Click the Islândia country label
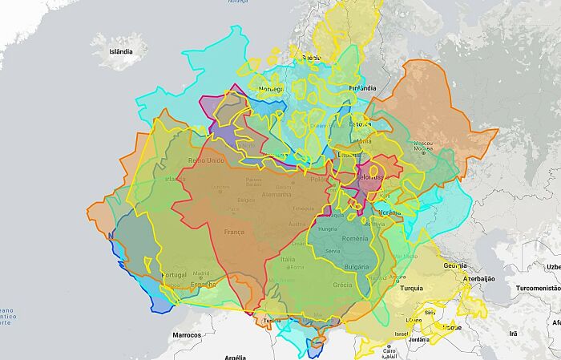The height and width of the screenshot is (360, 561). pyautogui.click(x=115, y=51)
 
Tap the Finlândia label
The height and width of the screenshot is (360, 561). pyautogui.click(x=362, y=88)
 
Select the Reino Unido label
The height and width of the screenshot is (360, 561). pyautogui.click(x=206, y=160)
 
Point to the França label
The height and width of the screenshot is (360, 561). pyautogui.click(x=234, y=231)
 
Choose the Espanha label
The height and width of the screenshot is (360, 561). pyautogui.click(x=203, y=284)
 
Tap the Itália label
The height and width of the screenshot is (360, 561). pyautogui.click(x=287, y=259)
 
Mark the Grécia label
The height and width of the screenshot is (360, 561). pyautogui.click(x=342, y=285)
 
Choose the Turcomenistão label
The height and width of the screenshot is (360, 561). pyautogui.click(x=538, y=287)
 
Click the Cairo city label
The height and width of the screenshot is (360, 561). pyautogui.click(x=389, y=350)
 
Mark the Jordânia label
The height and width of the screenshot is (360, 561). pyautogui.click(x=419, y=339)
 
